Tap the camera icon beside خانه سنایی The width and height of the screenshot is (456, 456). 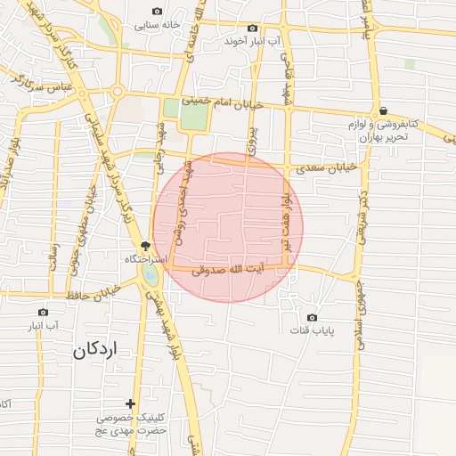(x=158, y=12)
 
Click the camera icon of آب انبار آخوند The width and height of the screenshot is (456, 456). (x=252, y=28)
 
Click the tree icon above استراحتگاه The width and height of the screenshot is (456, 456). (x=145, y=246)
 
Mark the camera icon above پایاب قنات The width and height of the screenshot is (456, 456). (x=312, y=318)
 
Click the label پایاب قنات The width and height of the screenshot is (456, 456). (x=312, y=331)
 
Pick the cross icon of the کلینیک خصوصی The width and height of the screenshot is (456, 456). (x=132, y=404)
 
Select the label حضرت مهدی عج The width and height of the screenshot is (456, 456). (x=132, y=430)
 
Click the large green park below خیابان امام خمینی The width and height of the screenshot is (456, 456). (x=194, y=114)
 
